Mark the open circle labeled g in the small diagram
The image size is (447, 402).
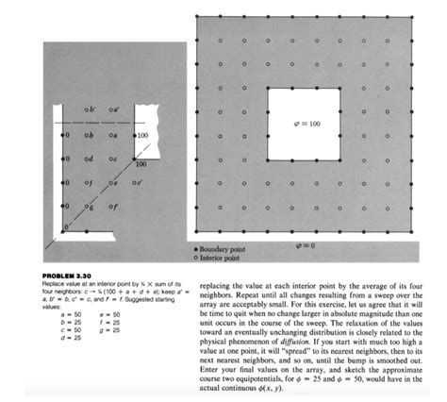[x=87, y=204]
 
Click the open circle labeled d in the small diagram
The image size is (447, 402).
[x=87, y=158]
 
